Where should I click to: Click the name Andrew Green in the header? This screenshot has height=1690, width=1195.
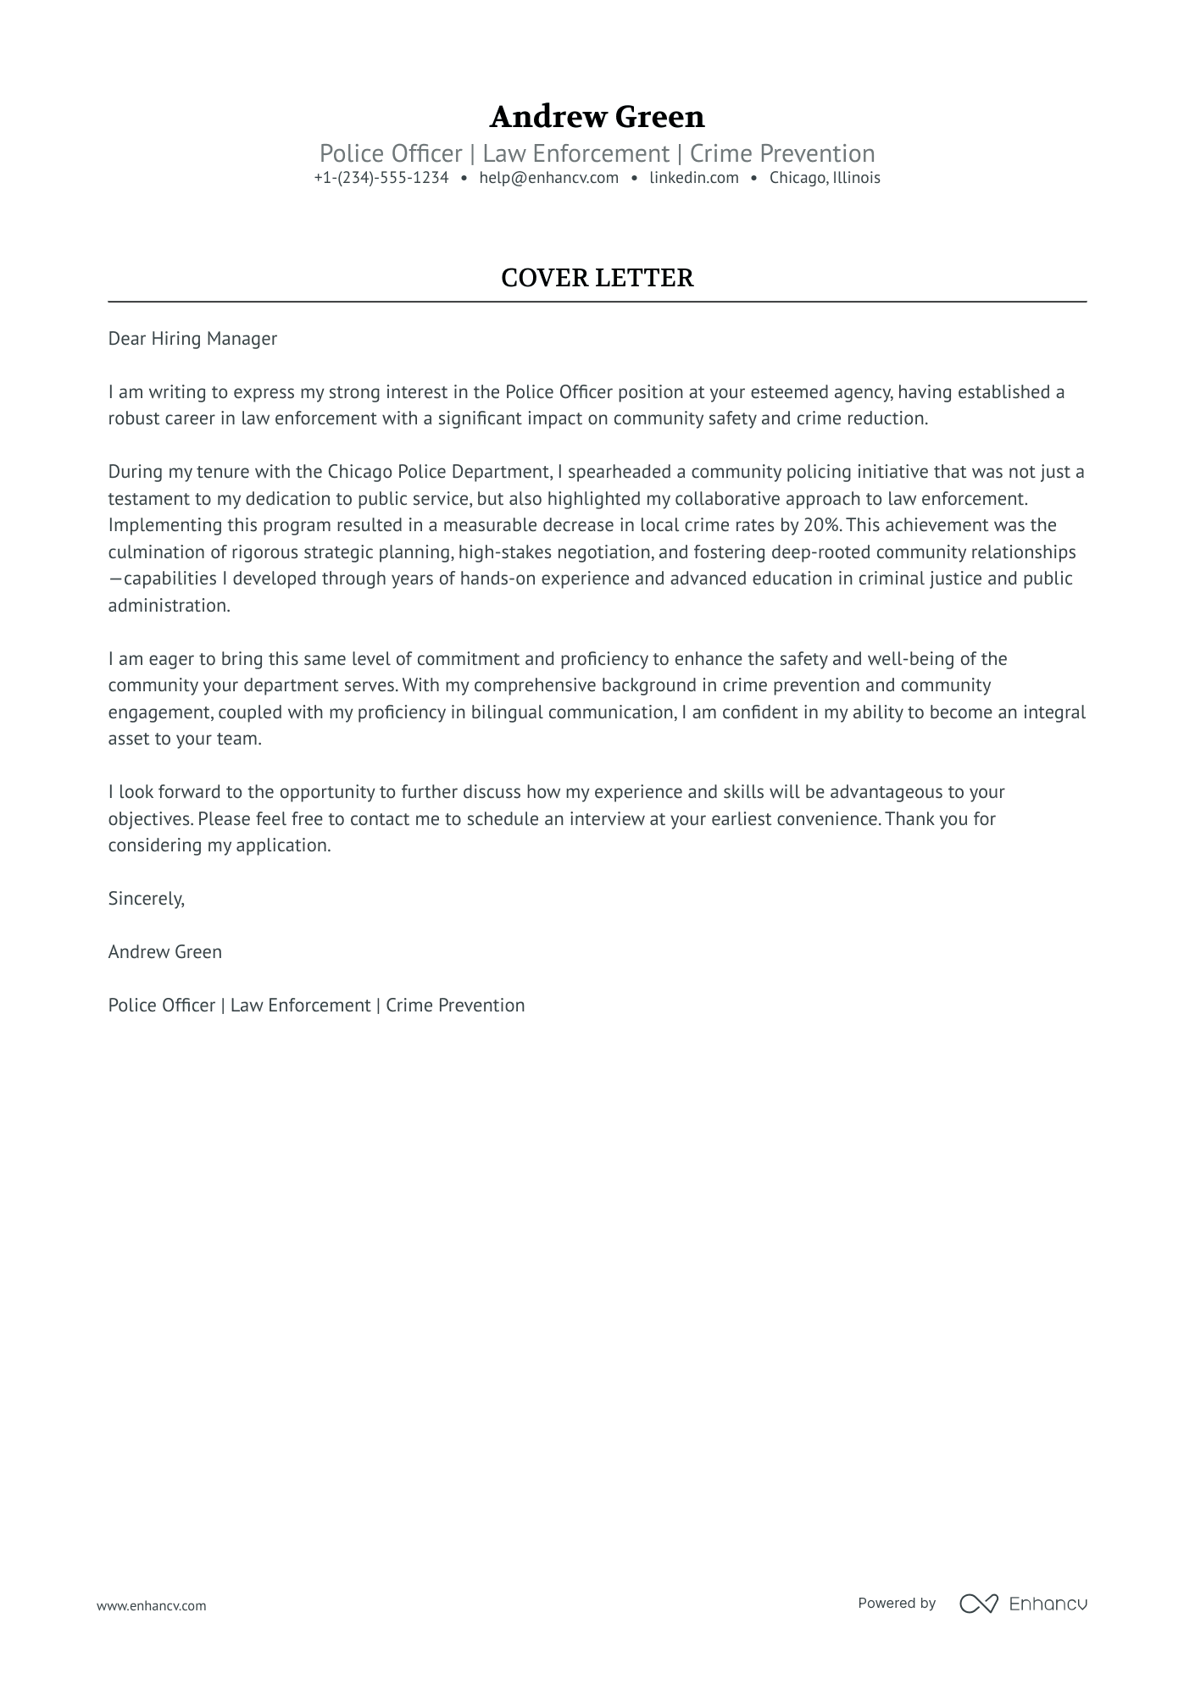click(597, 116)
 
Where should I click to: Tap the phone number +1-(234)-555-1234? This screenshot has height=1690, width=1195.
click(381, 178)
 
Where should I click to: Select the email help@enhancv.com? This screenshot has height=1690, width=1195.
click(548, 178)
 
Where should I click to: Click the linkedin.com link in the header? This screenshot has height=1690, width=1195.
click(693, 178)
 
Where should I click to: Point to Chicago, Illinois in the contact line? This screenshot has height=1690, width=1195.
click(824, 178)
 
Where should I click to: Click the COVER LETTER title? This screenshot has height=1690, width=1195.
click(597, 278)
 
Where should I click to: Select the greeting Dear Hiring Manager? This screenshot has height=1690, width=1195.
click(192, 339)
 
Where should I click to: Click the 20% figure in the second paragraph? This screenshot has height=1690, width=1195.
click(821, 525)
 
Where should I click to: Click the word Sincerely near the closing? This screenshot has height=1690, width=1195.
click(146, 899)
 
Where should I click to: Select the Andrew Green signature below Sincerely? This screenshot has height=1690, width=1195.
click(164, 952)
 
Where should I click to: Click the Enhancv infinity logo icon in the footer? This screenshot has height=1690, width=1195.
click(978, 1604)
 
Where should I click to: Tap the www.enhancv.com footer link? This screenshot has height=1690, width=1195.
click(151, 1605)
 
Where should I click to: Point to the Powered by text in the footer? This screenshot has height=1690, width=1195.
click(896, 1603)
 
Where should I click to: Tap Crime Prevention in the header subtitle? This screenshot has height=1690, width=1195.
click(781, 153)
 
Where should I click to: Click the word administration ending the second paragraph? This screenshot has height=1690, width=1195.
click(169, 606)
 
